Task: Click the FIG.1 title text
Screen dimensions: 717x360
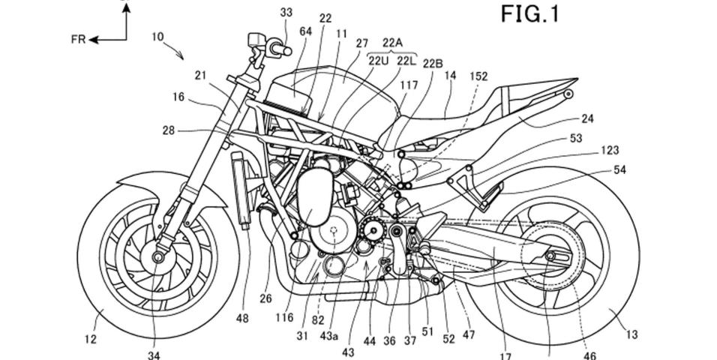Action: tap(530, 13)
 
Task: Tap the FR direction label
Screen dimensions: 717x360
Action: tap(78, 40)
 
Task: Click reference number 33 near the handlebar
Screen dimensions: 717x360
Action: tap(286, 13)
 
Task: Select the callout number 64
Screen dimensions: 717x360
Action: tap(306, 31)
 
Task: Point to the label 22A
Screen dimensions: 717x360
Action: tap(393, 43)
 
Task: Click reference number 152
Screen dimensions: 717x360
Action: tap(478, 76)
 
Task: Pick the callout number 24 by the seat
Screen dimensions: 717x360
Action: tap(587, 119)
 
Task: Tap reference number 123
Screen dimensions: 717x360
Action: tap(610, 150)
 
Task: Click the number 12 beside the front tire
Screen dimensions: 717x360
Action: tap(91, 339)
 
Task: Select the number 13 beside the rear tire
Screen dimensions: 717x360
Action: tap(631, 335)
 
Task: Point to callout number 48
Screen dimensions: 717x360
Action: tap(242, 318)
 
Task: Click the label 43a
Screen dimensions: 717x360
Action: tap(328, 336)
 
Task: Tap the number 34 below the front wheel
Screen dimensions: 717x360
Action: tap(154, 355)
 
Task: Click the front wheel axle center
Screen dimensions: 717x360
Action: tap(159, 257)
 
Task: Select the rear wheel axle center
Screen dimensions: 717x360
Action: tap(549, 254)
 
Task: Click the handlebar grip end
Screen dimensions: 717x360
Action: tap(288, 51)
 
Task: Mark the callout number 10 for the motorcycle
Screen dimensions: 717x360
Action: tap(157, 36)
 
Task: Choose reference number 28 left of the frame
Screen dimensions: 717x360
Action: tap(169, 130)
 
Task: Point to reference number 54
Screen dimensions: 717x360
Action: tap(619, 170)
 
